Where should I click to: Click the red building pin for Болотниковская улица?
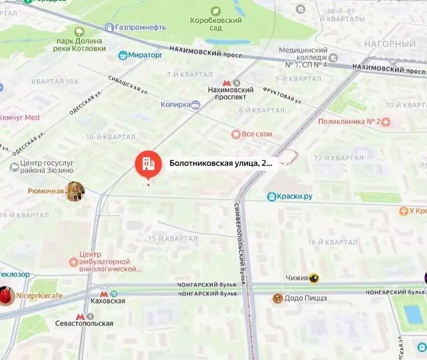click(148, 164)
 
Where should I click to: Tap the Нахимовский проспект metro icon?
click(227, 83)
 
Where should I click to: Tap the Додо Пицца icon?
click(277, 298)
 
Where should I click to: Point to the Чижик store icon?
click(314, 277)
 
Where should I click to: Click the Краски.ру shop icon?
click(271, 196)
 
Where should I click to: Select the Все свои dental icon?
click(236, 134)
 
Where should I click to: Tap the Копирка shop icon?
click(196, 105)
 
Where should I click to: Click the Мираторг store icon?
click(123, 55)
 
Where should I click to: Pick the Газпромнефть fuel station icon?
click(109, 27)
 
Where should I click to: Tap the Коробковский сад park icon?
click(215, 11)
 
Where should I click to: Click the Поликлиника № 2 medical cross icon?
click(386, 122)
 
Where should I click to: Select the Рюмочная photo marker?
click(75, 191)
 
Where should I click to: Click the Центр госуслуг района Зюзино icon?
click(14, 167)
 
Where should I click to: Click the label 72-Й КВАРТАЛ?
click(339, 158)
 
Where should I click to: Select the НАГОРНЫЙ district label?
click(390, 44)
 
